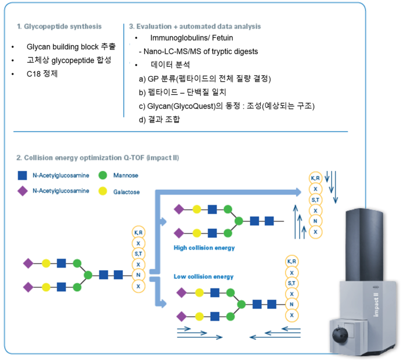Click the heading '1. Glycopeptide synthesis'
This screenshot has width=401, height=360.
(59, 26)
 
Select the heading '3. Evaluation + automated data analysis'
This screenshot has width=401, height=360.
(195, 26)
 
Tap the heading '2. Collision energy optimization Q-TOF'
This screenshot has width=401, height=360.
(98, 158)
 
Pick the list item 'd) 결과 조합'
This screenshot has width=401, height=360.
(160, 119)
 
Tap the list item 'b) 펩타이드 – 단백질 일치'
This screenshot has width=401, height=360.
(182, 92)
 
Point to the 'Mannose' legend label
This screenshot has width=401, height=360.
(126, 176)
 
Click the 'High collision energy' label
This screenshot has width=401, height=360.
(204, 248)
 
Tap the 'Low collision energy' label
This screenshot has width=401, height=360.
(203, 277)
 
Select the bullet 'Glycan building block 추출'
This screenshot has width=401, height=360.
(70, 47)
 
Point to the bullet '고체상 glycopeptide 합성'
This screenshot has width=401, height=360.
(66, 60)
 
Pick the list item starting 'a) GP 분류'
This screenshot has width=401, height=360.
(204, 79)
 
